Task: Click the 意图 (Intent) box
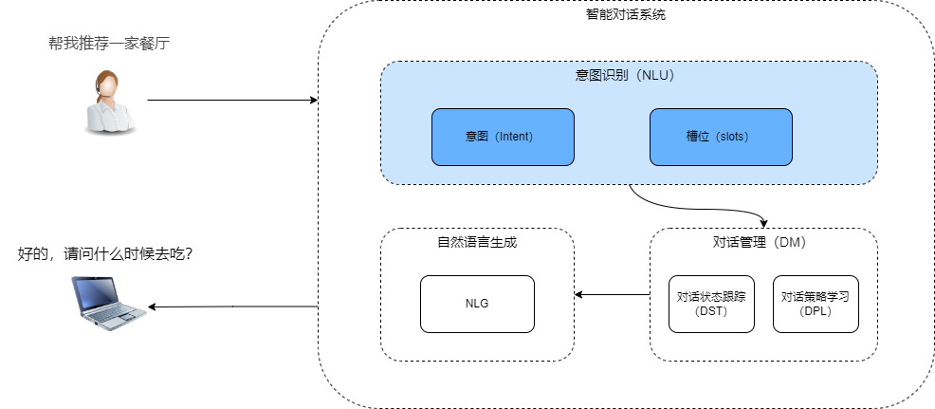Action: (503, 137)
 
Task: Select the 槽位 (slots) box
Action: (720, 137)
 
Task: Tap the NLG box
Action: (477, 304)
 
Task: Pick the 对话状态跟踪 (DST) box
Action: (710, 304)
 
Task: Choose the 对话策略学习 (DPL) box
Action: (815, 304)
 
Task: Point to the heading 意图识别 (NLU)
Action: (629, 74)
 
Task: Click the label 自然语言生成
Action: (477, 242)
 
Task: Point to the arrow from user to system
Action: (232, 100)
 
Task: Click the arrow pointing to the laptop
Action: (232, 307)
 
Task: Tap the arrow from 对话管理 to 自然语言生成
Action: (612, 294)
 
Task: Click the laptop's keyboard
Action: (116, 314)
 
